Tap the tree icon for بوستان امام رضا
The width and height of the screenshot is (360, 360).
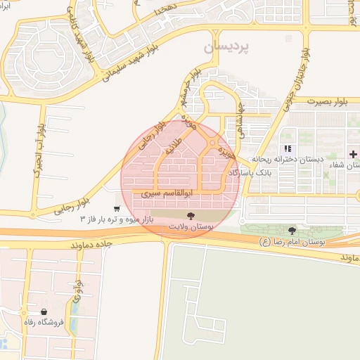point(292,231)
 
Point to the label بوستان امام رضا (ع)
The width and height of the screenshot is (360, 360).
point(291,242)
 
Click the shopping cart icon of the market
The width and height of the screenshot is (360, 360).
point(116,209)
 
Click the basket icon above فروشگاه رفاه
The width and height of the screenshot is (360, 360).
point(44,311)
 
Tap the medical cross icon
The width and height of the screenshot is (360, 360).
point(353,153)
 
